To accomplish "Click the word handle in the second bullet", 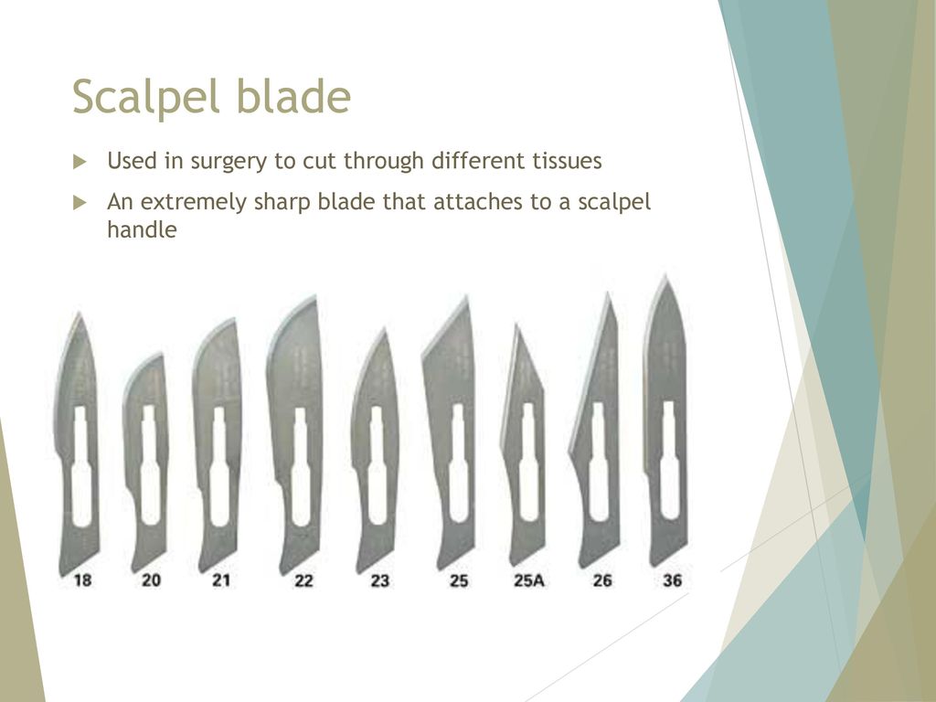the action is (x=142, y=229).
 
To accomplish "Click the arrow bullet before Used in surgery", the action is (x=80, y=162).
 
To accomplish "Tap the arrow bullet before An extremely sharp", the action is (x=80, y=203).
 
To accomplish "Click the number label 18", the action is (x=82, y=580).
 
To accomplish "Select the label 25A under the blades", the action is (x=529, y=580).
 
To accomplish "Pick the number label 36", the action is (x=672, y=580).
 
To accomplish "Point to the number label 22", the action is (x=303, y=580).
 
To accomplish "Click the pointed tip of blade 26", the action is (x=608, y=293).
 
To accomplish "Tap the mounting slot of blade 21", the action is (x=219, y=467).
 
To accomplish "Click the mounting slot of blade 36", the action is (x=670, y=460).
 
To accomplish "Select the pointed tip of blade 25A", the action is (x=516, y=325).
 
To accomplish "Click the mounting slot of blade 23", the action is (x=376, y=465).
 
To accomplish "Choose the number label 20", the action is (x=151, y=580).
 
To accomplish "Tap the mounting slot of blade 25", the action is (x=459, y=463).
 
